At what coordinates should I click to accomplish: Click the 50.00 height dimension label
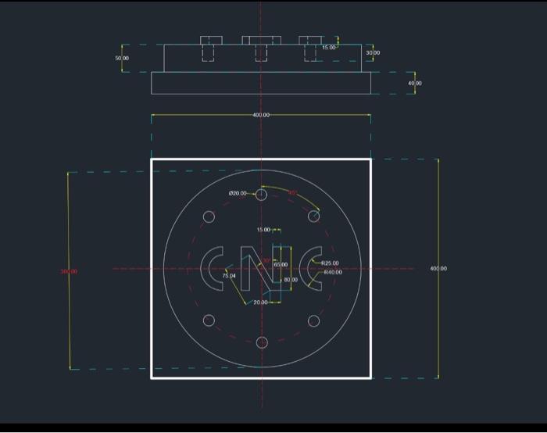point(122,59)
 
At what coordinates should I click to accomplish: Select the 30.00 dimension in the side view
point(373,52)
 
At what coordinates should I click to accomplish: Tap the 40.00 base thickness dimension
point(414,83)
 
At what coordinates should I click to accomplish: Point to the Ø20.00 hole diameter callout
point(238,193)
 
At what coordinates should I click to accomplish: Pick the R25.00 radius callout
point(331,263)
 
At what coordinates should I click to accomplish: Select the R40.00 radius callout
point(332,272)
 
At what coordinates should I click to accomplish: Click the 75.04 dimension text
point(228,276)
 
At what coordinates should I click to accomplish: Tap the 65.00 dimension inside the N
point(280,265)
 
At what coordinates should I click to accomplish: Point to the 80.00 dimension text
point(291,279)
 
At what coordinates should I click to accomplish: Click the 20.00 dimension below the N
point(260,302)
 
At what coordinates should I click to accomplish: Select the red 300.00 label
point(69,271)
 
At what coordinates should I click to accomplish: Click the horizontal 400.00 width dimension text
point(261,115)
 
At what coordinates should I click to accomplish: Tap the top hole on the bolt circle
point(262,195)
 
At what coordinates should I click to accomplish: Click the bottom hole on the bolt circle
point(262,342)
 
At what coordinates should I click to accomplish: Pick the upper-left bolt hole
point(209,216)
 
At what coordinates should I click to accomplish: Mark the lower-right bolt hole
point(313,320)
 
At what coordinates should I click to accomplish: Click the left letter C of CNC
point(212,269)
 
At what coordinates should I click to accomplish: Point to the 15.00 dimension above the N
point(263,230)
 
